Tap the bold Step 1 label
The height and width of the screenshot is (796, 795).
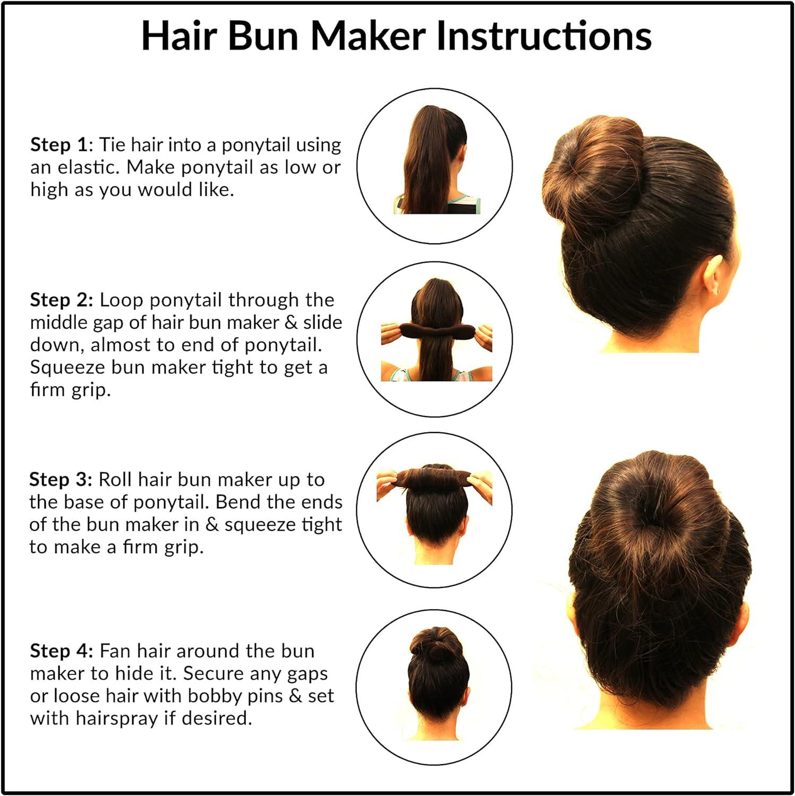click(x=58, y=144)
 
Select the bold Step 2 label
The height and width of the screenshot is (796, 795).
click(x=61, y=300)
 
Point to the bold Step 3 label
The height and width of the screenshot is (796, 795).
click(x=61, y=479)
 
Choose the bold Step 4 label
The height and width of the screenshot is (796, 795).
click(x=61, y=651)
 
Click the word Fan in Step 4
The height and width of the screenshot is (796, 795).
click(x=116, y=651)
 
